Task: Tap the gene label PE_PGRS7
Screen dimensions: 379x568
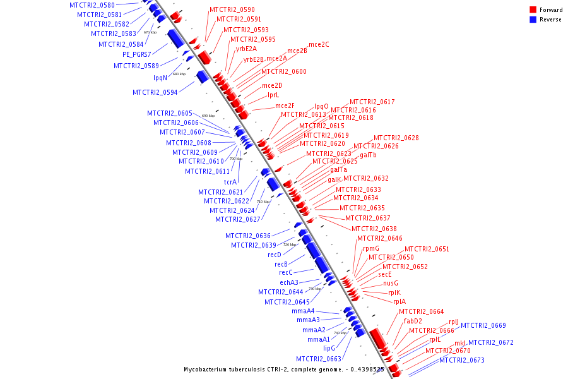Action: click(x=137, y=54)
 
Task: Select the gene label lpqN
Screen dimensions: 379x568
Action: click(x=160, y=78)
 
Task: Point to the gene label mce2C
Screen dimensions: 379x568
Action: click(x=317, y=44)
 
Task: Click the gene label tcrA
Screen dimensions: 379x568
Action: click(x=230, y=182)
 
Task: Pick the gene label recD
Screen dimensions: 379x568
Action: click(x=274, y=255)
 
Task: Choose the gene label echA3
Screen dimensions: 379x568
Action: click(x=289, y=282)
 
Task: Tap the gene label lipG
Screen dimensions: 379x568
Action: click(x=329, y=348)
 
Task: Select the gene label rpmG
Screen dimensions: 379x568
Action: click(x=371, y=248)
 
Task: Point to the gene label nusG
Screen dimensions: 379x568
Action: click(x=391, y=283)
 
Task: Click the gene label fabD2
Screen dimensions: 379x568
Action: click(x=413, y=321)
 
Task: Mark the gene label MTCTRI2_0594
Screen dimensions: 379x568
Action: click(x=155, y=92)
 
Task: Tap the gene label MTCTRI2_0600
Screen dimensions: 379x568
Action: click(x=283, y=71)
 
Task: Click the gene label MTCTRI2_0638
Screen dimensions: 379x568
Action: click(x=374, y=228)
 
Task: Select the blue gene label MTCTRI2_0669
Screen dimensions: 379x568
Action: click(x=483, y=325)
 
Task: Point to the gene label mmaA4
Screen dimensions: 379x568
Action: click(x=303, y=311)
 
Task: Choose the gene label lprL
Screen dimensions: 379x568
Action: click(x=273, y=95)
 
